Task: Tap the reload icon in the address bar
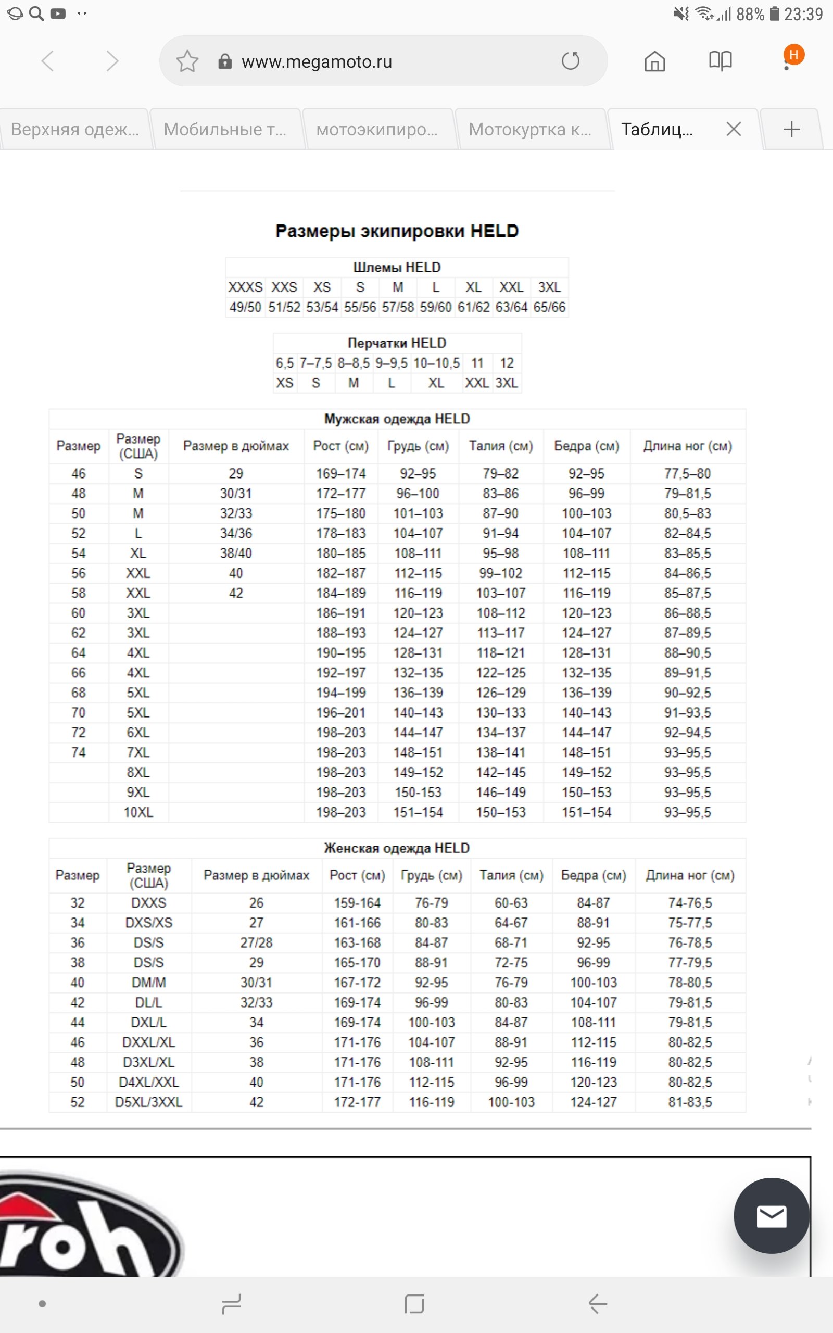pyautogui.click(x=570, y=61)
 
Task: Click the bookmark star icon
pyautogui.click(x=187, y=61)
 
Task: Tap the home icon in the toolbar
pyautogui.click(x=654, y=61)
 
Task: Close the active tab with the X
pyautogui.click(x=733, y=130)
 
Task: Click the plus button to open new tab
pyautogui.click(x=791, y=130)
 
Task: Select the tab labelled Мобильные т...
pyautogui.click(x=225, y=130)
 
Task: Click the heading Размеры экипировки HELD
pyautogui.click(x=397, y=231)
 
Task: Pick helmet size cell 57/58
pyautogui.click(x=398, y=307)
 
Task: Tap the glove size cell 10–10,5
pyautogui.click(x=436, y=363)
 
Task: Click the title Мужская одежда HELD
pyautogui.click(x=397, y=419)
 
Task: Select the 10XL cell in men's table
pyautogui.click(x=138, y=812)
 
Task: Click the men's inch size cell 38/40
pyautogui.click(x=236, y=554)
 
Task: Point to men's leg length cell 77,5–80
pyautogui.click(x=687, y=474)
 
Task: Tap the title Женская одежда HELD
pyautogui.click(x=397, y=848)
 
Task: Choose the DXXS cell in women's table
pyautogui.click(x=149, y=903)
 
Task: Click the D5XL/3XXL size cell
pyautogui.click(x=149, y=1102)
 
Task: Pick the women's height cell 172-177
pyautogui.click(x=357, y=1102)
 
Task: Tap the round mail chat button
pyautogui.click(x=771, y=1216)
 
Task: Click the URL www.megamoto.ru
pyautogui.click(x=317, y=61)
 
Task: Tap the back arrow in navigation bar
pyautogui.click(x=597, y=1304)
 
